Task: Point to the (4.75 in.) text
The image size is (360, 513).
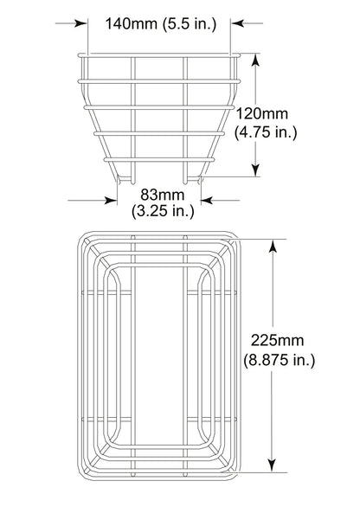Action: [267, 131]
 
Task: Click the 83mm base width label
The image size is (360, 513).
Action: [157, 195]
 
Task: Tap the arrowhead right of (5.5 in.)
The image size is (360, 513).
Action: [236, 24]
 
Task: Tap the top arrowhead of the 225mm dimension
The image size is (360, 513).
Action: [273, 245]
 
